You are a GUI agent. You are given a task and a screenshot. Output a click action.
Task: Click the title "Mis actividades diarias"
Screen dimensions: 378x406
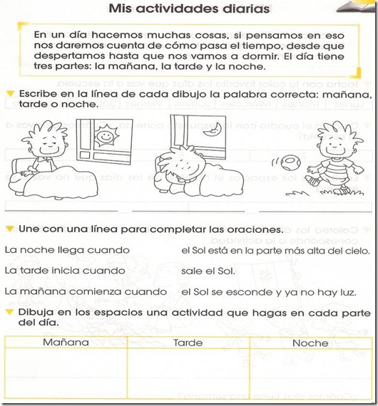pyautogui.click(x=189, y=9)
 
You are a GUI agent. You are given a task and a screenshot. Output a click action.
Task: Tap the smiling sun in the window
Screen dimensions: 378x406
pyautogui.click(x=104, y=133)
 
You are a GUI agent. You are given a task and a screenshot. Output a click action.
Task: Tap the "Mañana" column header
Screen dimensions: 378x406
pyautogui.click(x=66, y=343)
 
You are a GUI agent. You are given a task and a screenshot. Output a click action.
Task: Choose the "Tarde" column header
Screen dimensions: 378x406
pyautogui.click(x=188, y=343)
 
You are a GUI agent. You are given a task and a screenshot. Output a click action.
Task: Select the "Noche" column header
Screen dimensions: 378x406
pyautogui.click(x=310, y=343)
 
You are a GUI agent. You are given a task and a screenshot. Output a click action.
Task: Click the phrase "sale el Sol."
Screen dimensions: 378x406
pyautogui.click(x=208, y=271)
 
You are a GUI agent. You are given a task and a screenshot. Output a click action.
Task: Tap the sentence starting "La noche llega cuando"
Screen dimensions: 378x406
pyautogui.click(x=67, y=251)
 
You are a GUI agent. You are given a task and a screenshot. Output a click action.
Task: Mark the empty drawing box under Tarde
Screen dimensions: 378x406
pyautogui.click(x=188, y=374)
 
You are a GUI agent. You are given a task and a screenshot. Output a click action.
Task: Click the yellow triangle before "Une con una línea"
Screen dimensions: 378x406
pyautogui.click(x=9, y=230)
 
